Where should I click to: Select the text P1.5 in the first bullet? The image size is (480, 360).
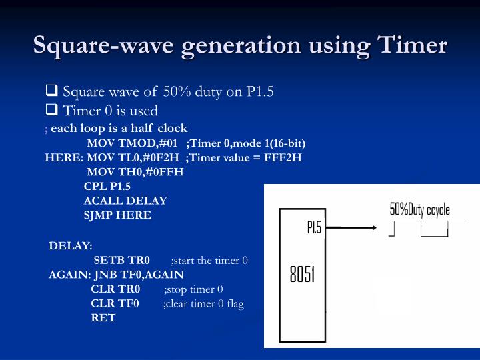coord(260,91)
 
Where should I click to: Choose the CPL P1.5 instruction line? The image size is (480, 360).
coord(107,187)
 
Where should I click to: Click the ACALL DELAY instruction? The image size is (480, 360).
coord(125,201)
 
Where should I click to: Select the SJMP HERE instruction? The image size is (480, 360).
coord(117,215)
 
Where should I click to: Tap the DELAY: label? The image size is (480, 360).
coord(71,245)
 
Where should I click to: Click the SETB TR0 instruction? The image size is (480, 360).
coord(121,260)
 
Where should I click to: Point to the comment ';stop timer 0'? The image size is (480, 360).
coord(193,289)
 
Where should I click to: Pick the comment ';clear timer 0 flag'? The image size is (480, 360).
coord(203,304)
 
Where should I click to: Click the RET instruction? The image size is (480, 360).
coord(103,318)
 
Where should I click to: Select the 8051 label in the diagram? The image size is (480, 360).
coord(302,274)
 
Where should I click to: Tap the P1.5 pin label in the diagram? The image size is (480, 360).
coord(314,228)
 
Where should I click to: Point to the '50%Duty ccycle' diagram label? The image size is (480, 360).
coord(419,210)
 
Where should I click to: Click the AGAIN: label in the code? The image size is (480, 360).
coord(69,275)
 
